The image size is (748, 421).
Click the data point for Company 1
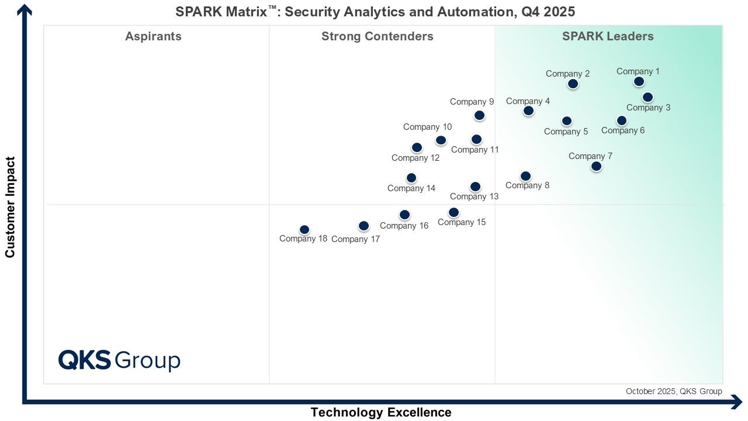[639, 81]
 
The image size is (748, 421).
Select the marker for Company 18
[304, 230]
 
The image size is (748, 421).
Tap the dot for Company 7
[596, 166]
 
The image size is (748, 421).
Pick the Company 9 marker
[479, 115]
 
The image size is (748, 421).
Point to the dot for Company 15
[453, 212]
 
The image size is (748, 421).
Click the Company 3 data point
[647, 97]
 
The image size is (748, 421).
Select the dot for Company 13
[475, 187]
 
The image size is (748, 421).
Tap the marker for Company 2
[573, 84]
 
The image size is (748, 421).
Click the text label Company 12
[415, 158]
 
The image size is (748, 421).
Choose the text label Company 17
[355, 239]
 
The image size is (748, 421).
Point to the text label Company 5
[566, 132]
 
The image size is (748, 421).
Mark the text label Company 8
[527, 186]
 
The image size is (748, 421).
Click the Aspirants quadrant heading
[153, 36]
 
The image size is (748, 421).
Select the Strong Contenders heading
[377, 36]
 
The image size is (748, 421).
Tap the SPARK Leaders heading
[608, 36]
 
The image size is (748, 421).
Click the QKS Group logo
[119, 360]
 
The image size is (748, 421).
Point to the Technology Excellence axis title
[380, 412]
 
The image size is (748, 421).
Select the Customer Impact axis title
[10, 206]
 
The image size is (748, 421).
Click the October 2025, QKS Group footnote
[674, 391]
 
